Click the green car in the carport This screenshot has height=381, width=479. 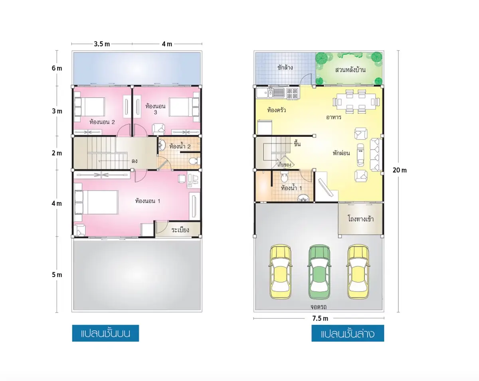[x=319, y=272]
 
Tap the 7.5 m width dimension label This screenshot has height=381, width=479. [x=320, y=319]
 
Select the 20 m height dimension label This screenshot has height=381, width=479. [x=400, y=170]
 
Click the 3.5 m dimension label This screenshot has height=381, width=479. [x=102, y=44]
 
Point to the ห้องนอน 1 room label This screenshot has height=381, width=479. [x=148, y=201]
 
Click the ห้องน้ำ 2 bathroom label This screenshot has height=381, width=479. [x=180, y=146]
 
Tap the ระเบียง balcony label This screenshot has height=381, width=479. [x=180, y=230]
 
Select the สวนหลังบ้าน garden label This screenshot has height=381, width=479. [x=350, y=70]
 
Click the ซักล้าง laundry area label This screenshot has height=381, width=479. [x=285, y=67]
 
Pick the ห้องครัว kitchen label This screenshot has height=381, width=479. [x=277, y=110]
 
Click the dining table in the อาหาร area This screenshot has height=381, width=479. [x=356, y=102]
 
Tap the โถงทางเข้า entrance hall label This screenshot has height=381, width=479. [x=360, y=219]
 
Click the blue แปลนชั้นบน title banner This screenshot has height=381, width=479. [x=105, y=333]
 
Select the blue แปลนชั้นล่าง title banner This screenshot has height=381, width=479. [x=348, y=333]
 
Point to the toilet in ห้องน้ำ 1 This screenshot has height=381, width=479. [x=284, y=177]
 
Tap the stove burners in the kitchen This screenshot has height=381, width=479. [x=292, y=94]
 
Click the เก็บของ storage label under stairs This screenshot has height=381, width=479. [x=284, y=165]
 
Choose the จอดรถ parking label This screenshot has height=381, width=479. [x=319, y=307]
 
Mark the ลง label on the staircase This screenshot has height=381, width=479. [x=134, y=161]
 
